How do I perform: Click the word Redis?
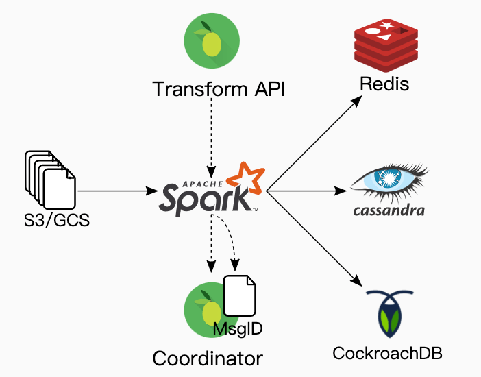(384, 85)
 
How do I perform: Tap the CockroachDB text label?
(387, 354)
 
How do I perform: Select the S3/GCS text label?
(50, 221)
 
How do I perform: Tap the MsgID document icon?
(240, 295)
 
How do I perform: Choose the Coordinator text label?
(208, 358)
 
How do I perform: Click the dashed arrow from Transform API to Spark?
(211, 134)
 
